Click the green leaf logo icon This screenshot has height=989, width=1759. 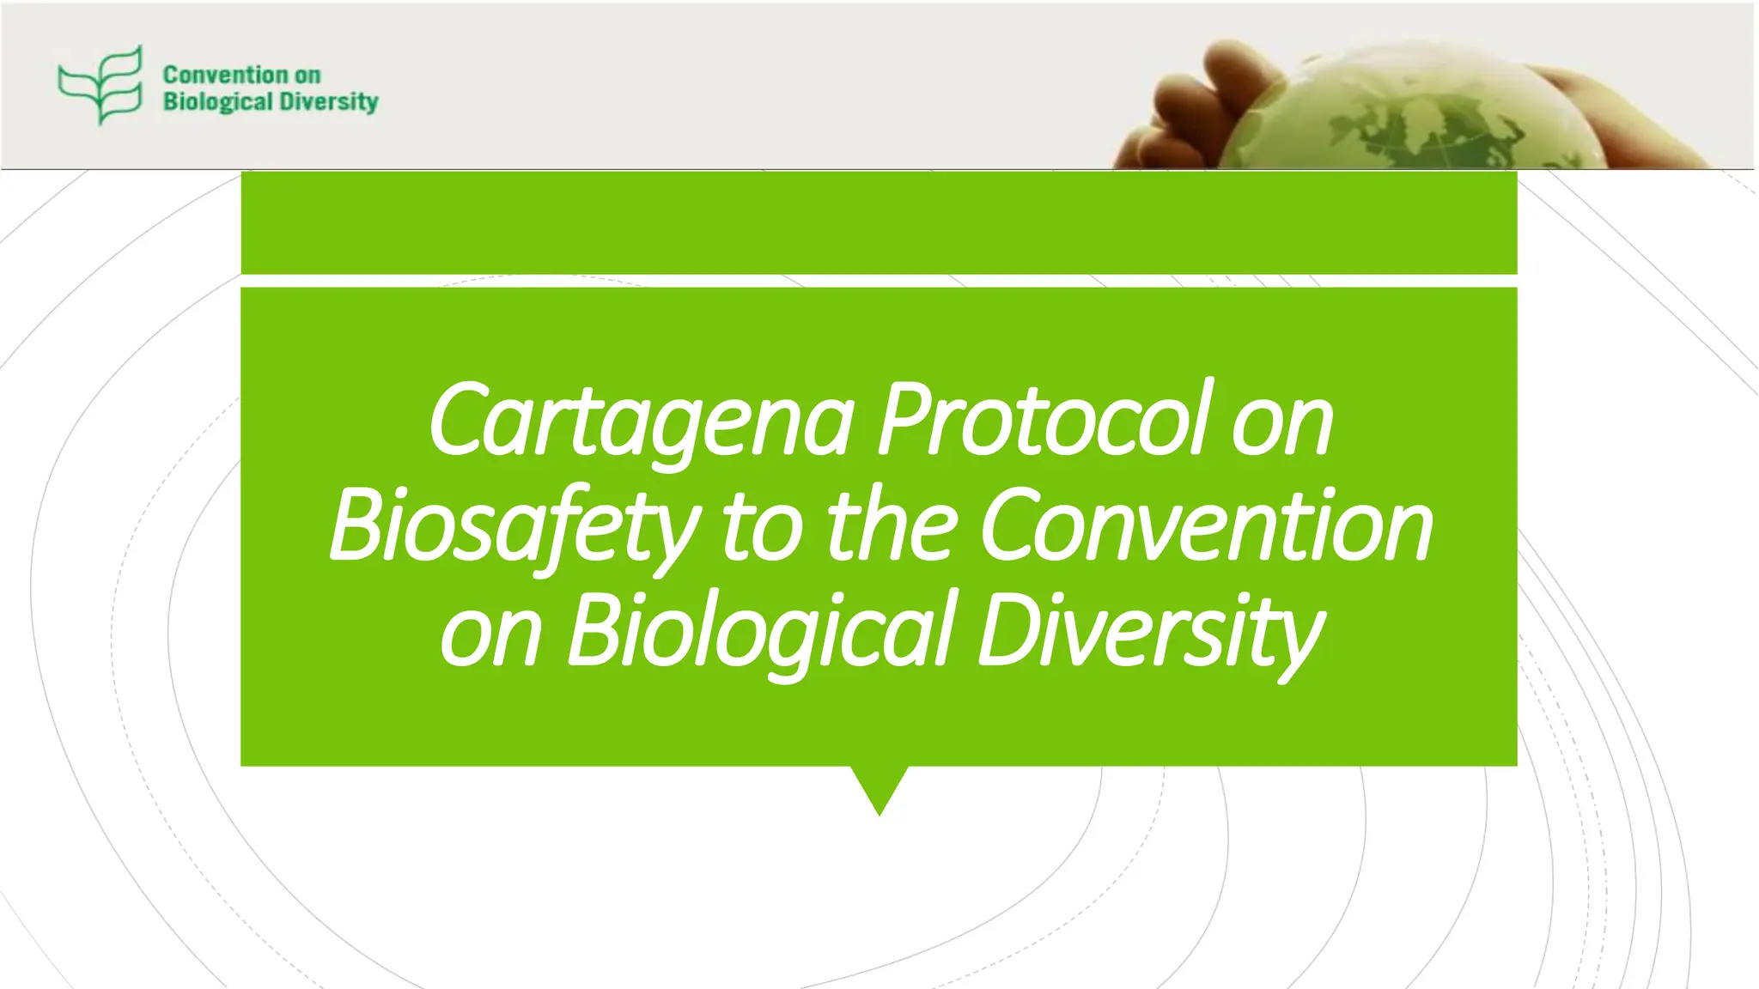[x=100, y=85]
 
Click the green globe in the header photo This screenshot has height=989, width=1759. [x=1409, y=112]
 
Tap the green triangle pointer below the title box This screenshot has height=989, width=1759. [x=879, y=786]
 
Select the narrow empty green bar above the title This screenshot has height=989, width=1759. [x=879, y=222]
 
